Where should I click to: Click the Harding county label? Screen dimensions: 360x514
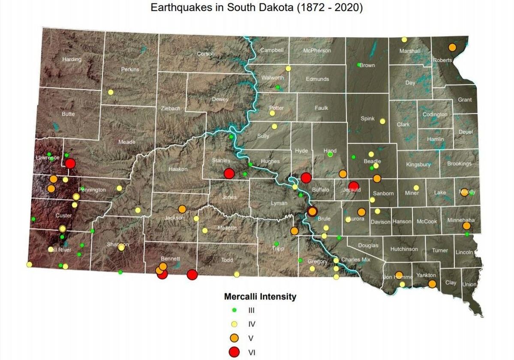pos(72,59)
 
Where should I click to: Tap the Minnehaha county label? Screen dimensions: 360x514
pos(461,220)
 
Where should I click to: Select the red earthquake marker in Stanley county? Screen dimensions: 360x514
pos(229,173)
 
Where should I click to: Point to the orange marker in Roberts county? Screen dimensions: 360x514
pos(452,47)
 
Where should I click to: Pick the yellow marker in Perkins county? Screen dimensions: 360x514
pos(111,92)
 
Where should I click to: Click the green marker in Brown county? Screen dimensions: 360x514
pos(359,65)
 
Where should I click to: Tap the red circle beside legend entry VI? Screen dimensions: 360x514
pos(234,352)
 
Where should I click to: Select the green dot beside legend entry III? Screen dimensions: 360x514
pos(234,309)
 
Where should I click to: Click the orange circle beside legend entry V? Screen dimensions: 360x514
pos(234,338)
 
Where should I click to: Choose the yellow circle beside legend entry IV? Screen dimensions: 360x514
pos(234,324)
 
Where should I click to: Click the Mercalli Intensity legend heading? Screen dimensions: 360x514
pos(260,297)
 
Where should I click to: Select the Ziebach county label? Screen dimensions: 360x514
pos(171,108)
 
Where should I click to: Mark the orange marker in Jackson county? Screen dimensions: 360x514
pos(182,209)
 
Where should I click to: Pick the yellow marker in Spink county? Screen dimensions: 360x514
pos(382,121)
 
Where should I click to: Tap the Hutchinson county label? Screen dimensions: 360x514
pos(404,249)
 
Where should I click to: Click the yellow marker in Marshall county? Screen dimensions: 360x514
pos(404,40)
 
